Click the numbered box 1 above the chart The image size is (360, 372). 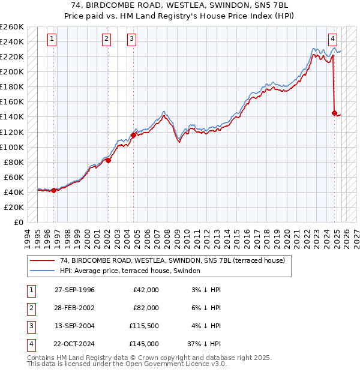point(53,40)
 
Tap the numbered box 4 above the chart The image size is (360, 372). point(332,40)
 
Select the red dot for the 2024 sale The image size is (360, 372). point(334,113)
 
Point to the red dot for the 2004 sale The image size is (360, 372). point(133,136)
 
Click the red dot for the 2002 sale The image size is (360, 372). point(108,160)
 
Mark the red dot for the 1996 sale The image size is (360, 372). point(53,190)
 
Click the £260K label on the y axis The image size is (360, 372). point(12,27)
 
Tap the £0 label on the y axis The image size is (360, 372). point(18,222)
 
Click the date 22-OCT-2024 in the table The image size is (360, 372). point(74,344)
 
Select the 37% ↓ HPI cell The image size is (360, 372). point(204,344)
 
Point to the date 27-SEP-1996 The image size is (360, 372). point(74,290)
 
